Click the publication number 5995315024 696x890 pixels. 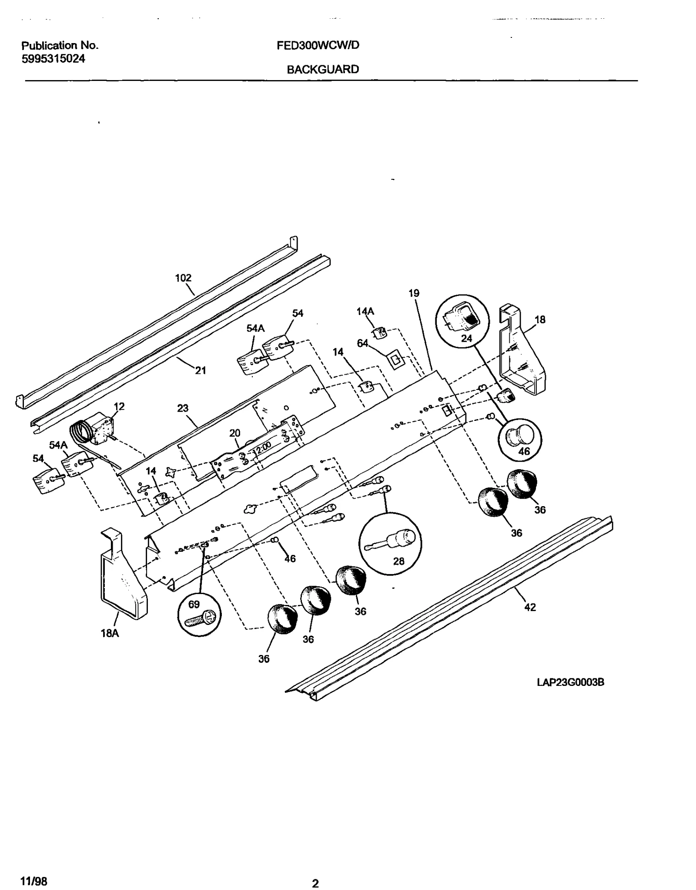(54, 59)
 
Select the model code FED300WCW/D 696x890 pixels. (318, 45)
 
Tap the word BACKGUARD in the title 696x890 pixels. (323, 69)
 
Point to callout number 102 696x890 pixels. (183, 278)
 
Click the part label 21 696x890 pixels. (201, 371)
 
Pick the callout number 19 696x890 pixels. (414, 293)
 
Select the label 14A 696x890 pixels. (365, 311)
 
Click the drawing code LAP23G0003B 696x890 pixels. (570, 682)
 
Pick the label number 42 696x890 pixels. (530, 607)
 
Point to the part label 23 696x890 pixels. (183, 408)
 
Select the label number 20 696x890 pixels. (235, 433)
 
